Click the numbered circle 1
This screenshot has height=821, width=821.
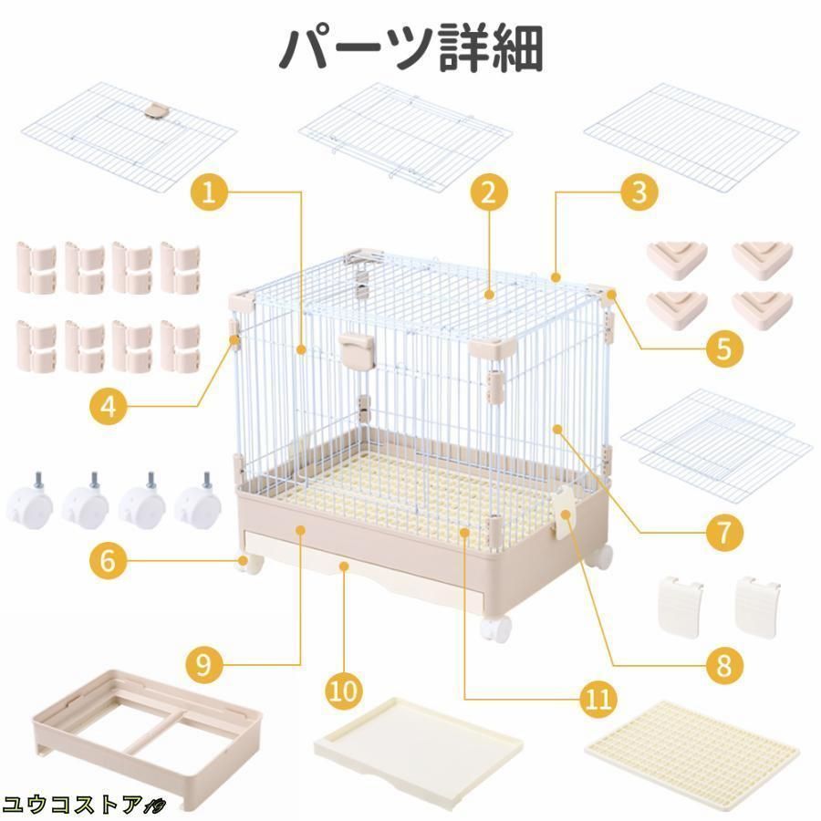coord(208,192)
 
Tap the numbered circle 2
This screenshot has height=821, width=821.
coord(489,192)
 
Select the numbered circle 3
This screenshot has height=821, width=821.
coord(639,192)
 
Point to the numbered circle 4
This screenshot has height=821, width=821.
coord(109,406)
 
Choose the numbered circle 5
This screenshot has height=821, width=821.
coord(724,348)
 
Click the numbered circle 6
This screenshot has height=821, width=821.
coord(108,561)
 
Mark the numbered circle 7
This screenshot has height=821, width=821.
coord(724,533)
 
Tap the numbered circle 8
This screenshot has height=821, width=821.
coord(724,666)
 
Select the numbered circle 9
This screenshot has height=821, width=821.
coord(203,665)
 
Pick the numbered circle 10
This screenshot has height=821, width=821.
coord(344,691)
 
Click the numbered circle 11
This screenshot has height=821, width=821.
coord(598,699)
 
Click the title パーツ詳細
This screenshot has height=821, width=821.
coord(411,48)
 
